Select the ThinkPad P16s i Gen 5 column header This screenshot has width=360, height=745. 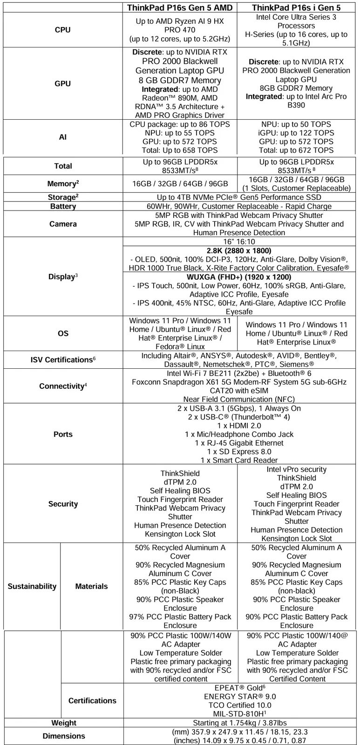(296, 7)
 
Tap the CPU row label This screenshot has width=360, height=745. (63, 30)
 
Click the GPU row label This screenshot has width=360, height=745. (63, 84)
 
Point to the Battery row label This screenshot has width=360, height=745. (63, 206)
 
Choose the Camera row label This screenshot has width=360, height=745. (63, 224)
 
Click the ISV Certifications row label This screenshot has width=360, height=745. (63, 360)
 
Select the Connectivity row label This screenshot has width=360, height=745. (63, 386)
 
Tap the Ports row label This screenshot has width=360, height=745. (63, 434)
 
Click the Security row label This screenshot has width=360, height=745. (63, 504)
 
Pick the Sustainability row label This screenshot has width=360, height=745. (32, 586)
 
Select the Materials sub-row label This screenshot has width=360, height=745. (91, 586)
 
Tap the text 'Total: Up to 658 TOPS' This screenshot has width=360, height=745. (180, 150)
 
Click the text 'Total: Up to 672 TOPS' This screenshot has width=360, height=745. (296, 150)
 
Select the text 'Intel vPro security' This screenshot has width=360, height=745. (296, 469)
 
